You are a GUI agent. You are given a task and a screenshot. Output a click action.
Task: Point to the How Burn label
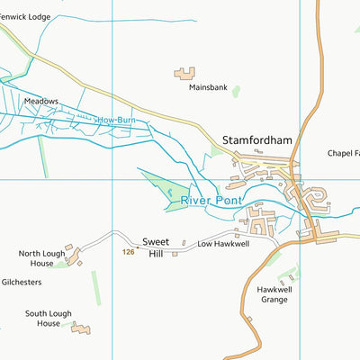tap(114, 119)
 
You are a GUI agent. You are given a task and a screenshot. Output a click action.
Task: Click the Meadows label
tap(41, 102)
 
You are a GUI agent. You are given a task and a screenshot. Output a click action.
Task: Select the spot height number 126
tap(128, 253)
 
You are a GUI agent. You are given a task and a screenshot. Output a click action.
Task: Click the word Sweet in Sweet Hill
tap(156, 241)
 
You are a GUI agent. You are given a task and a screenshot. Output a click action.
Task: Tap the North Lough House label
tap(42, 259)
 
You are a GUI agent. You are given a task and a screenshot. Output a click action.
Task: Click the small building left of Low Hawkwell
tap(184, 243)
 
